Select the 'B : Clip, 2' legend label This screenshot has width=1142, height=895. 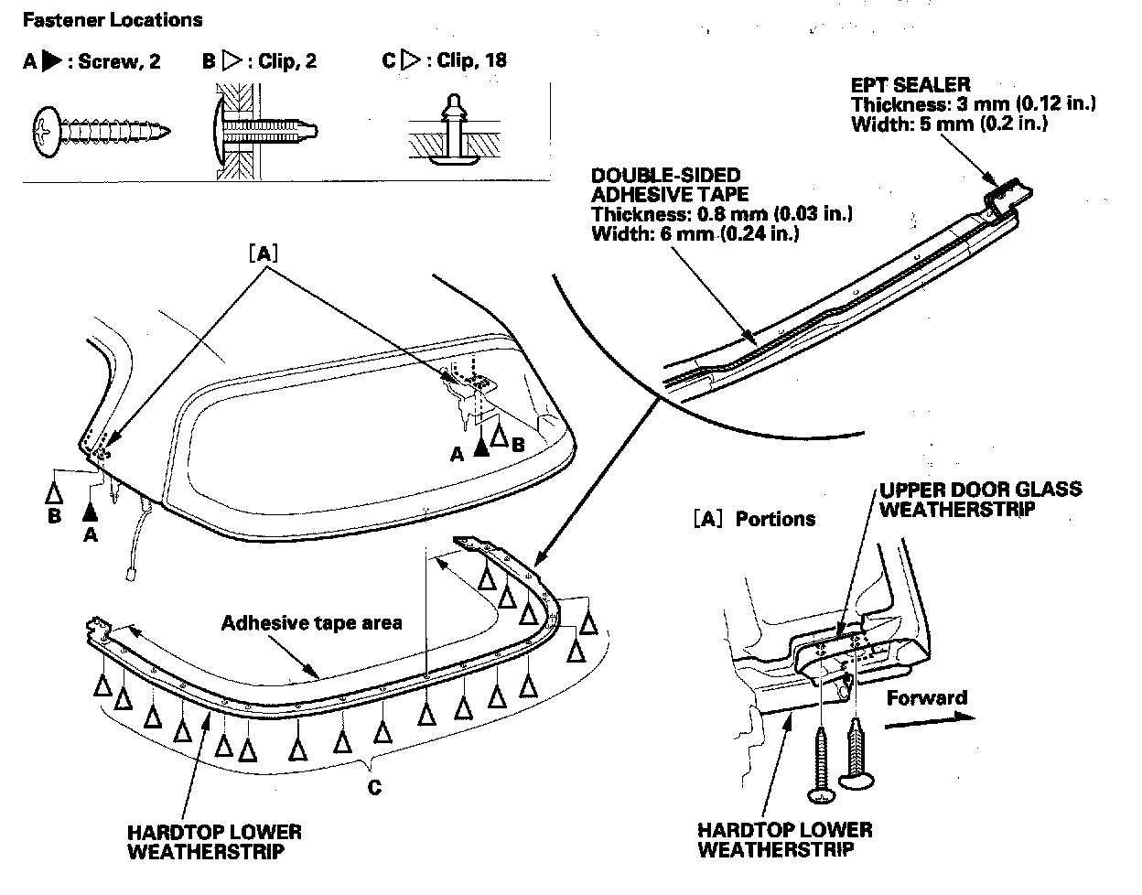coord(261,61)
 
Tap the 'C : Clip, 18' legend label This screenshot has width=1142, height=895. coord(444,61)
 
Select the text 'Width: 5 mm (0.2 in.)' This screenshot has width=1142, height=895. coord(949,123)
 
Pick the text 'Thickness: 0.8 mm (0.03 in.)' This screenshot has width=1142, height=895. coord(722,214)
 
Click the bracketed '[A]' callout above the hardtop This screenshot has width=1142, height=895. coord(263,253)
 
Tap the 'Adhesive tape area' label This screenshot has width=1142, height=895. coord(311,623)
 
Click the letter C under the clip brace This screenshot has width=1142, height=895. coord(374,786)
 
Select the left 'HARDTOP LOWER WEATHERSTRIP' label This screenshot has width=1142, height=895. coord(214,841)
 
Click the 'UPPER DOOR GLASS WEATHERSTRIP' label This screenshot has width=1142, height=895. coord(979,498)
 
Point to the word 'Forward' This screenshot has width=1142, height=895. coord(926,698)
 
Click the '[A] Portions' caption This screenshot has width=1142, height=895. coord(754,519)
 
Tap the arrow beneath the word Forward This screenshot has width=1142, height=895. coord(930,719)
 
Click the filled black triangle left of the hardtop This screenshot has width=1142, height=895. coord(90,509)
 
